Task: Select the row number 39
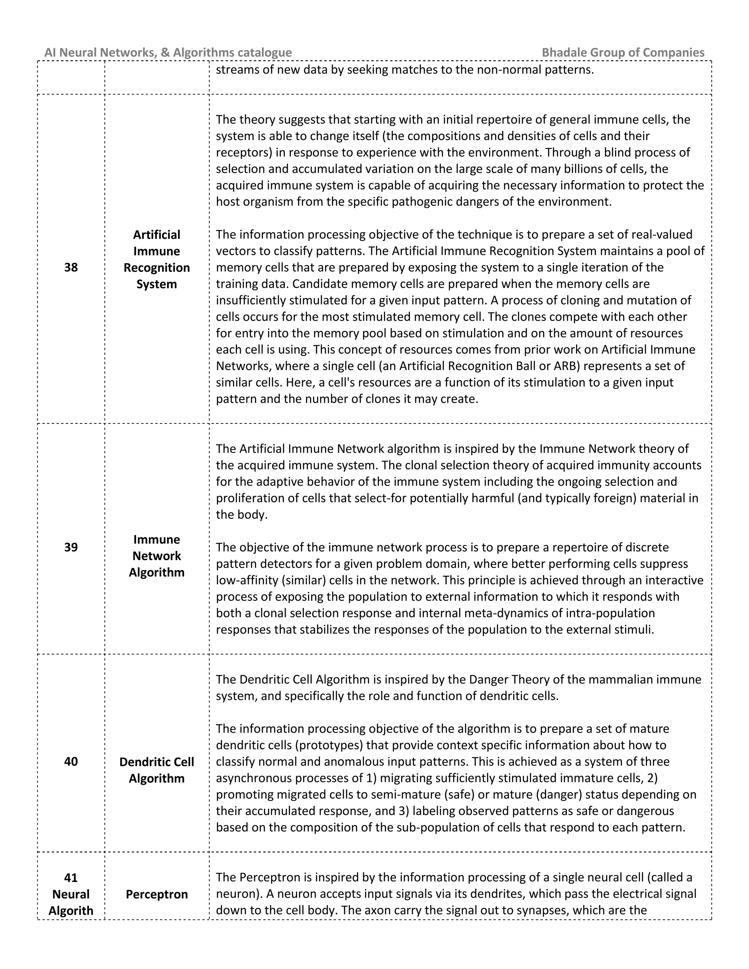71,547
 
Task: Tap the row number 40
71,761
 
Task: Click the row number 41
71,878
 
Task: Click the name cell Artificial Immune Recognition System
157,259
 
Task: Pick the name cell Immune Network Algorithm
157,555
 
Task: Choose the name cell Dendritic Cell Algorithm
157,770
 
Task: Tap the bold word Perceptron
157,894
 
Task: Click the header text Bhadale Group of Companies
623,52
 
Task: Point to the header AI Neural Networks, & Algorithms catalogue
168,52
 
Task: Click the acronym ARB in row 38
553,366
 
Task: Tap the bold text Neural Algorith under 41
71,902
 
